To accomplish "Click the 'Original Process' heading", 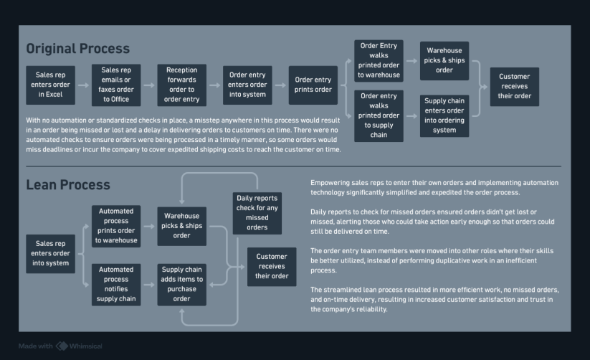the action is [x=78, y=49].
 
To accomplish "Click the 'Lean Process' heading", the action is [x=68, y=185].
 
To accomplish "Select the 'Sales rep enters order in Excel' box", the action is [x=50, y=85].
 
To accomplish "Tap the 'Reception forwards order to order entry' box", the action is [x=182, y=85].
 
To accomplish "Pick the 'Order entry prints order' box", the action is [x=313, y=85].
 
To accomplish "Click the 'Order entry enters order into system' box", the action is [x=247, y=85].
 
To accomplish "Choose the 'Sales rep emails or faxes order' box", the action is [x=116, y=85].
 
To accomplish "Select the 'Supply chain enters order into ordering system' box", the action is [x=444, y=116].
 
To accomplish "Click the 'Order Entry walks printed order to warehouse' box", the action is [x=379, y=61].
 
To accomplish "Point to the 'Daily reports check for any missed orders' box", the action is [x=257, y=213].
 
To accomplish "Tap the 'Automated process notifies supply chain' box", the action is [x=116, y=285].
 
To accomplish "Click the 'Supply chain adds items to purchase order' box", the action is [x=182, y=285].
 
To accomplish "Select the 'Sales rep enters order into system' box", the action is [x=50, y=254].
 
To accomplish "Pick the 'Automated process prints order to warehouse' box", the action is [x=116, y=227].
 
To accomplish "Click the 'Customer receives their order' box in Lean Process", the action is [x=272, y=267].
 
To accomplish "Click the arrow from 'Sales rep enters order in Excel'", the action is [x=84, y=85].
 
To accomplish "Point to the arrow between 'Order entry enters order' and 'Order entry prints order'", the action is [x=280, y=85].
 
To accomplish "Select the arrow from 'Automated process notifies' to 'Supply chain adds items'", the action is [x=149, y=285].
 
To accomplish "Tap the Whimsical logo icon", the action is [x=62, y=346].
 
